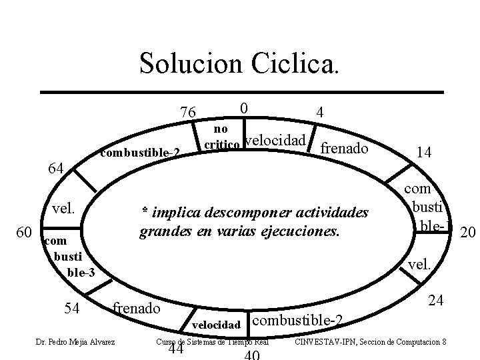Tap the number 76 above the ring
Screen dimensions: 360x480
[x=188, y=111]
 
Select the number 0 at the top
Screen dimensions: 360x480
[x=245, y=108]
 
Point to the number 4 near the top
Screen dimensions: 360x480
[x=321, y=113]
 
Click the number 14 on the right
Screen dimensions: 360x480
[x=423, y=152]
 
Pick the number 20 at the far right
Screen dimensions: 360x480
[x=469, y=231]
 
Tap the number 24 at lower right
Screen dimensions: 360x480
[x=436, y=301]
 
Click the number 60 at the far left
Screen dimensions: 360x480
[x=24, y=232]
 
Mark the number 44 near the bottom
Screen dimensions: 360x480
[x=176, y=351]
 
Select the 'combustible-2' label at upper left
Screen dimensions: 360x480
[x=140, y=153]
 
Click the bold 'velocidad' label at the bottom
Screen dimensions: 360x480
[x=216, y=325]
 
